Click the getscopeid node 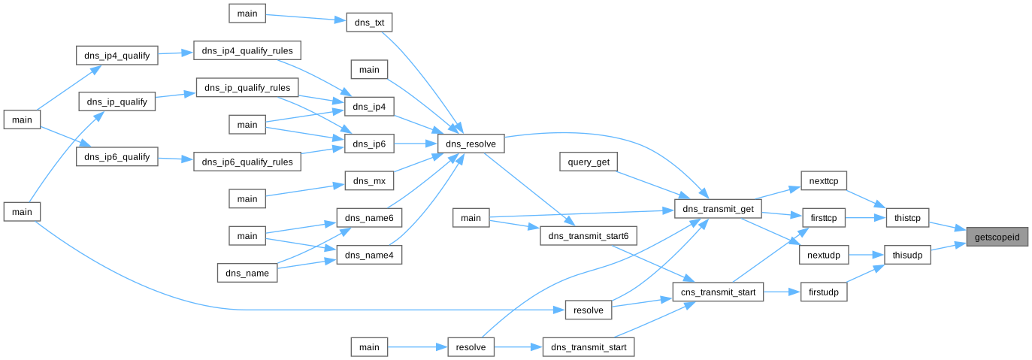[997, 237]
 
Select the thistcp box [907, 218]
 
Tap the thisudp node [907, 255]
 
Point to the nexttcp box [824, 181]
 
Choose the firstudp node [824, 291]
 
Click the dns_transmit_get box [719, 208]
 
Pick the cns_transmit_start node [718, 291]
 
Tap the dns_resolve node [471, 144]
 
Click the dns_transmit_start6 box [589, 236]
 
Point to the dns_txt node [369, 23]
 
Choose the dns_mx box [369, 180]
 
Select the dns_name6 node [369, 217]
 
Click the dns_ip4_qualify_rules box [247, 51]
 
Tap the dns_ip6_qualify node [117, 158]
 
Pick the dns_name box [247, 273]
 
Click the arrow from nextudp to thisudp [866, 255]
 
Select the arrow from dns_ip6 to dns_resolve [416, 144]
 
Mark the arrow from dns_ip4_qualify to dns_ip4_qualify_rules [175, 53]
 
